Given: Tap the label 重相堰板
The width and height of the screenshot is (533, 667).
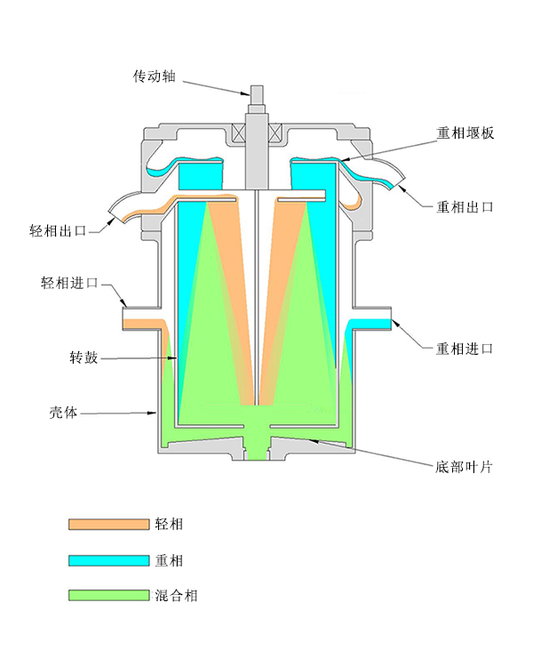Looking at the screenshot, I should (x=464, y=133).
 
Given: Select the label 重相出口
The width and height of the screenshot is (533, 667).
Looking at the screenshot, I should (x=464, y=207).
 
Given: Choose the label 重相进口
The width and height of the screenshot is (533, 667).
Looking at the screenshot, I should (x=464, y=349).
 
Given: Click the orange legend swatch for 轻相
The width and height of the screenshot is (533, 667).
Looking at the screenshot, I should (x=108, y=525).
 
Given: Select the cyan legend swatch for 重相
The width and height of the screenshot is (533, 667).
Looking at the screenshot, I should (x=108, y=560).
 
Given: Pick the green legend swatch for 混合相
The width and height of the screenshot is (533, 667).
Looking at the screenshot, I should (x=108, y=595).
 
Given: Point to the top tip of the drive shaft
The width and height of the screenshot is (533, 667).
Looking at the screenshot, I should (x=257, y=88).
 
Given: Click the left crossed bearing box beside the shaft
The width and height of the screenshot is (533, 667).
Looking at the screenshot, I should (x=239, y=135).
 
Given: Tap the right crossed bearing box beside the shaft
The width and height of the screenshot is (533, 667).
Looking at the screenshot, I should (x=275, y=135).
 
